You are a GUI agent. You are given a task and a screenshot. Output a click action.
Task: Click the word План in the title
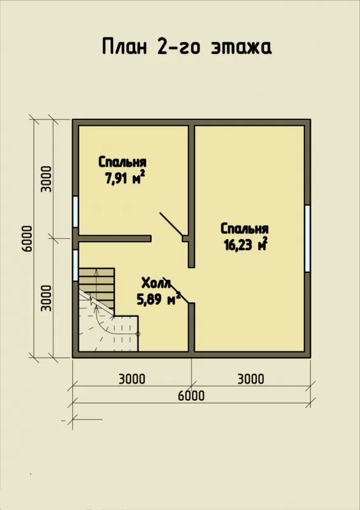(x=124, y=46)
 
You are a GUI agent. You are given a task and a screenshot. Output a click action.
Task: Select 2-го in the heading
(x=178, y=47)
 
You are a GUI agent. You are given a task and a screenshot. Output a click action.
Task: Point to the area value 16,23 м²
(x=245, y=244)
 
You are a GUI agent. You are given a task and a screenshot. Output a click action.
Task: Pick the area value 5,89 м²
(x=159, y=299)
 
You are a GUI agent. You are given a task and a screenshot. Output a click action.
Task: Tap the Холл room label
(x=156, y=283)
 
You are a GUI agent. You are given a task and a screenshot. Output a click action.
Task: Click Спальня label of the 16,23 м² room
(x=245, y=229)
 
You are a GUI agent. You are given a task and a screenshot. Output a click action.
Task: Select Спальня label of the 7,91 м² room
(x=122, y=162)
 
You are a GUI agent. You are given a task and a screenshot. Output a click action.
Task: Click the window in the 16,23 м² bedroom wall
(x=307, y=238)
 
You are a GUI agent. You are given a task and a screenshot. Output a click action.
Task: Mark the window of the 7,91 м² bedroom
(x=75, y=212)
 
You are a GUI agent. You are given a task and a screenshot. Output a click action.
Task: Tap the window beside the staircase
(x=75, y=265)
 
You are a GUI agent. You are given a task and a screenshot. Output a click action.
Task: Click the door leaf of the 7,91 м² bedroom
(x=171, y=224)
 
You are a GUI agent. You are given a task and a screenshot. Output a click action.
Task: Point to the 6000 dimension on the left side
(x=29, y=238)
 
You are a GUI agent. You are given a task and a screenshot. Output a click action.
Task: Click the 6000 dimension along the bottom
(x=191, y=395)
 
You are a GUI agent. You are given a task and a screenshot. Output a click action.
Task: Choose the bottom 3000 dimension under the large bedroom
(x=251, y=379)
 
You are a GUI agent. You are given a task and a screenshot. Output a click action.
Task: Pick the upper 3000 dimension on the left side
(x=47, y=179)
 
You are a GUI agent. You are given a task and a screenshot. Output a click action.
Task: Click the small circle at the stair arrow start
(x=138, y=333)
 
